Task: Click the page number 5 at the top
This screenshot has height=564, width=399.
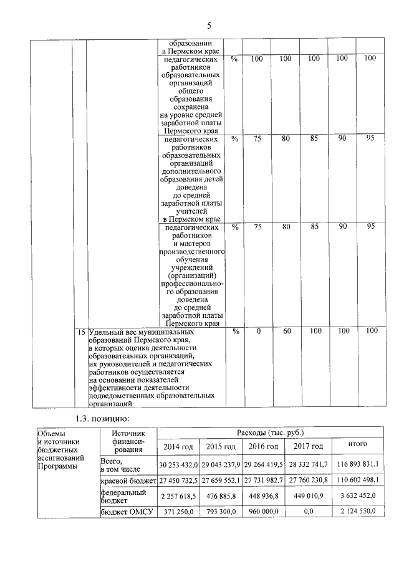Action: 209,26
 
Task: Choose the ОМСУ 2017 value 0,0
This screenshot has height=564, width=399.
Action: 305,512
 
